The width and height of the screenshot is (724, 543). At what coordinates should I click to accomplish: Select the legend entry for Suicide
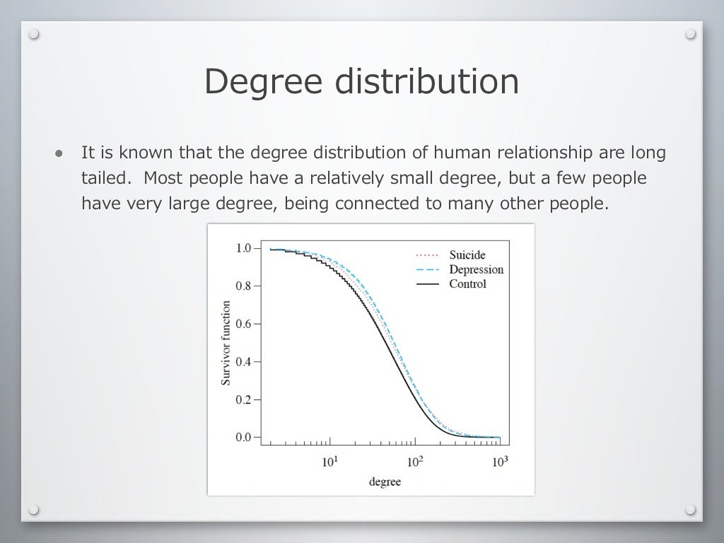coord(467,255)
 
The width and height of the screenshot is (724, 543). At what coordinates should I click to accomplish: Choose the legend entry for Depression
coord(476,269)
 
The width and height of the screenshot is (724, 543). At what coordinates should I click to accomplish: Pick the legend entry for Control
coord(467,284)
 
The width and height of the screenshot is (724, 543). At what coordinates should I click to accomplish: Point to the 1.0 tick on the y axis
coord(243,249)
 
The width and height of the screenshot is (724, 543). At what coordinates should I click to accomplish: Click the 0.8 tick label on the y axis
coord(243,286)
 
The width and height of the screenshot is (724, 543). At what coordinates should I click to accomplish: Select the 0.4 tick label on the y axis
coord(243,362)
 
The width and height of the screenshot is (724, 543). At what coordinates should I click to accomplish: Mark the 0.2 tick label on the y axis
coord(243,399)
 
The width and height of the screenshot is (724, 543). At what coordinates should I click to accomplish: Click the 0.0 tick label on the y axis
coord(243,437)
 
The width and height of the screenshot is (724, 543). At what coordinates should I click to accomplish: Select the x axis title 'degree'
coord(385,482)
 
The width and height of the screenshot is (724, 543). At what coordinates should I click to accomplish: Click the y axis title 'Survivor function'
coord(226,343)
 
